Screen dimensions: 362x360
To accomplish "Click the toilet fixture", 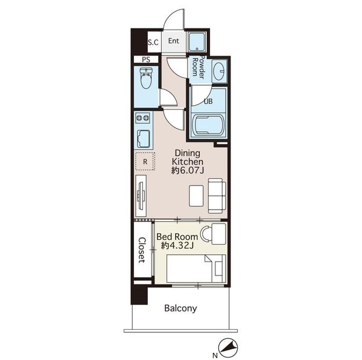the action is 146,78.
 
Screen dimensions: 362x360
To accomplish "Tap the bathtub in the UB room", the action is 208,125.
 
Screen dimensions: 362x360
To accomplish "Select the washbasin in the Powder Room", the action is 219,71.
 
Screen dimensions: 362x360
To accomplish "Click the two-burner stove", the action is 142,118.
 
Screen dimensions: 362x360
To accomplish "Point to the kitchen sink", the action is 144,139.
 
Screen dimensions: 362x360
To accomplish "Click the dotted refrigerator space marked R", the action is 145,161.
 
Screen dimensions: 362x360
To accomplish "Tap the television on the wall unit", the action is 141,195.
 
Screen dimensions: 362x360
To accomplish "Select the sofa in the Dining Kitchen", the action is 217,196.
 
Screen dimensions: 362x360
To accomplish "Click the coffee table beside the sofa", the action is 196,196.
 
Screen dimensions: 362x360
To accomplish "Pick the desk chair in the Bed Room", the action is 205,234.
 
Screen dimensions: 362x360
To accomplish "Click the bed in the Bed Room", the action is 196,269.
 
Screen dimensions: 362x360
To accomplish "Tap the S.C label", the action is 153,42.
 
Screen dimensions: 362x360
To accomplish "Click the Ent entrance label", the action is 174,41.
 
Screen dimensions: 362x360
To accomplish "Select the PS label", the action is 146,60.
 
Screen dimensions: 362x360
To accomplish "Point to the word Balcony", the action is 180,308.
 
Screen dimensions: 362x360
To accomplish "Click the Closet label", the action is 142,250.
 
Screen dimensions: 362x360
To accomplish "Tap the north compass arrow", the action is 228,347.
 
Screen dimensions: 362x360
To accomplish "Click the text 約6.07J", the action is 188,170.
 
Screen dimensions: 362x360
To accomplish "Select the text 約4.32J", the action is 177,246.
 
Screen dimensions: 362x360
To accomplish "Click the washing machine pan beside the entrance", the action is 197,42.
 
